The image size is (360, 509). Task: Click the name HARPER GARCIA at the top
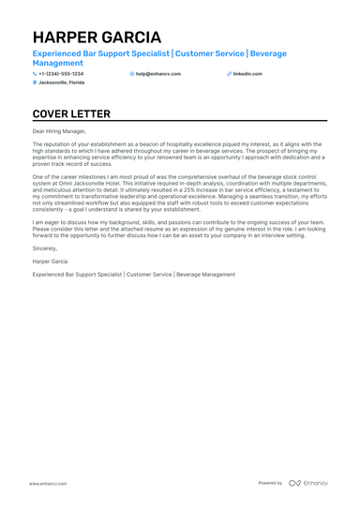(97, 37)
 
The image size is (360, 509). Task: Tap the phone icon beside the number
(35, 73)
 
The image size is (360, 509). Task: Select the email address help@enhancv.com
(158, 73)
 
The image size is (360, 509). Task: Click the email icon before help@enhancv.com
(132, 73)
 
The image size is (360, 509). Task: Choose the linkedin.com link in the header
(247, 73)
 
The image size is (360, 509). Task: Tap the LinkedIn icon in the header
(229, 73)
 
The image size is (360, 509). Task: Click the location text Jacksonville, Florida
(62, 82)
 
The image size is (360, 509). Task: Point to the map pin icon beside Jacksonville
(35, 82)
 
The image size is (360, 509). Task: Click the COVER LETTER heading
(70, 114)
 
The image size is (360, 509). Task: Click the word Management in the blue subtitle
(57, 63)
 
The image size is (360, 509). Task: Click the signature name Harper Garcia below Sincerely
(49, 263)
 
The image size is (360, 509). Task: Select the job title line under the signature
(133, 275)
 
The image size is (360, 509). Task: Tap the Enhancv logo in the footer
(308, 483)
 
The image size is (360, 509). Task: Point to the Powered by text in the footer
(270, 483)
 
